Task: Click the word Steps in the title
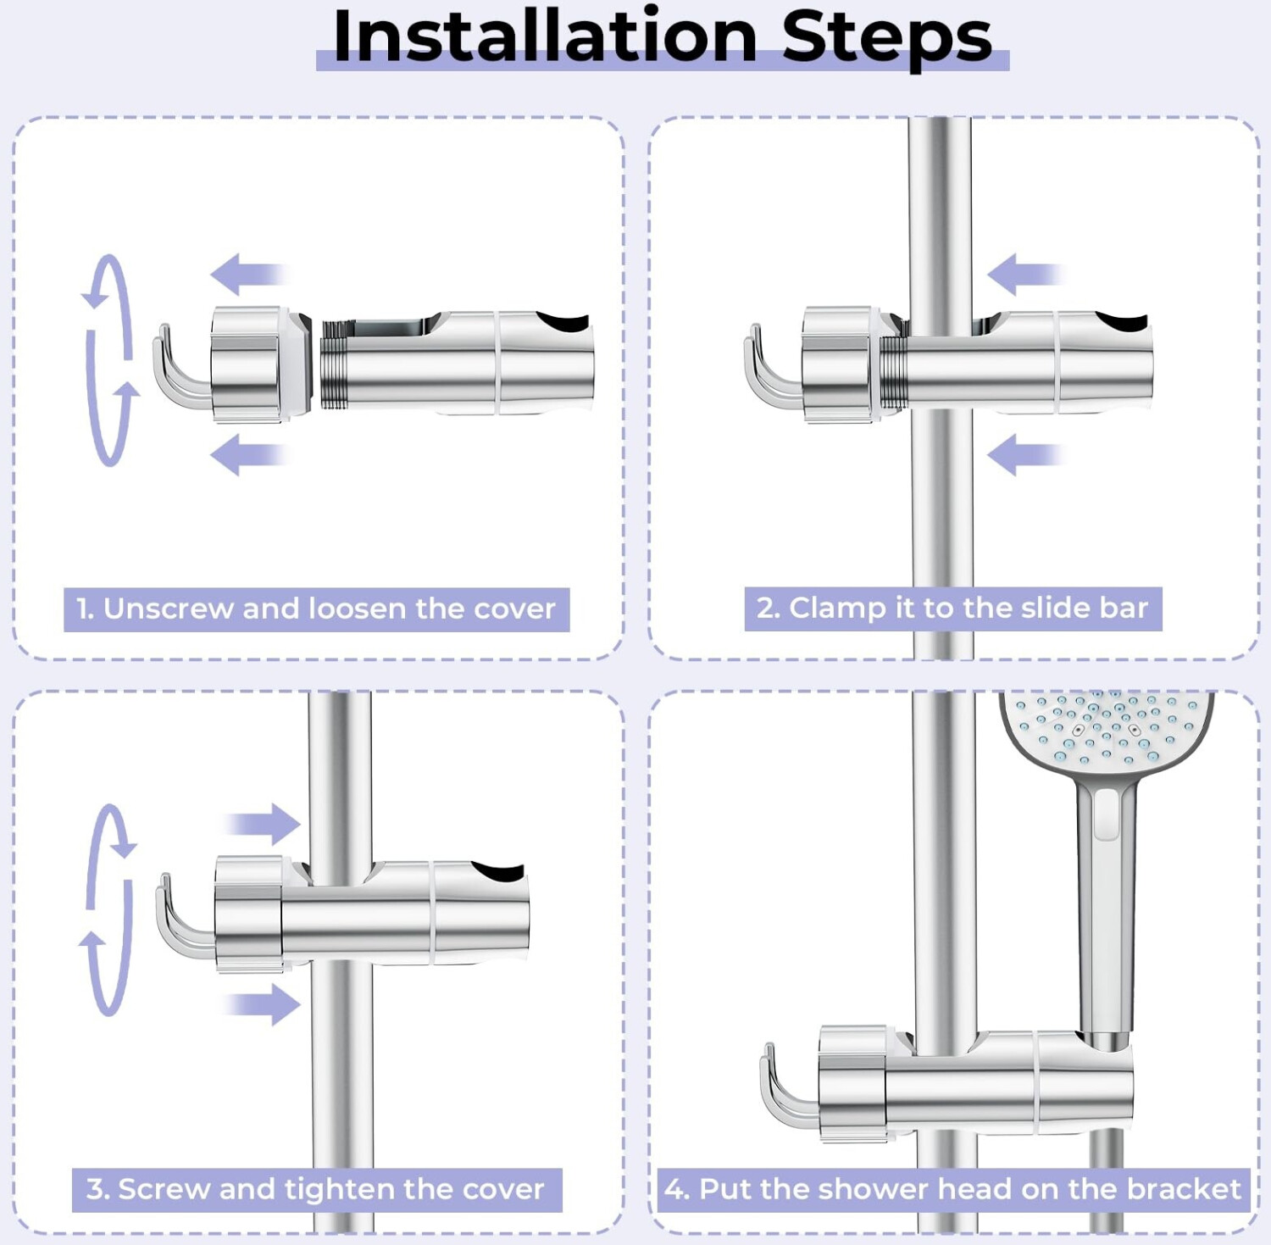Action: [x=886, y=41]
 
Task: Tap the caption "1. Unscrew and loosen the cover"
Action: [x=316, y=609]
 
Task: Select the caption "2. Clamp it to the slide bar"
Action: [x=952, y=608]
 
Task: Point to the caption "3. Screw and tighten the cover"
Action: [x=315, y=1189]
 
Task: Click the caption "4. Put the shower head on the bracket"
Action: [x=952, y=1189]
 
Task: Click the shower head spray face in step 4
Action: [x=1107, y=729]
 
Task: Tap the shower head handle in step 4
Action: [x=1105, y=907]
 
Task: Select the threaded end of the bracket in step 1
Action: [x=337, y=364]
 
